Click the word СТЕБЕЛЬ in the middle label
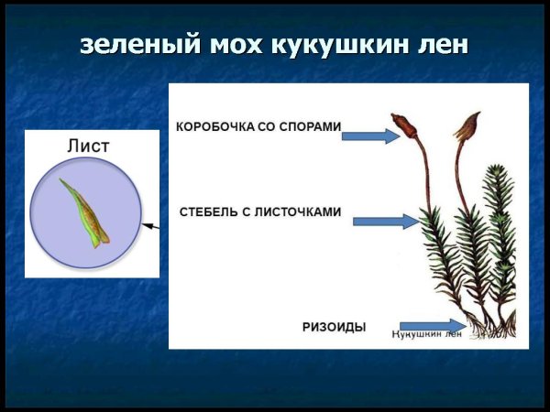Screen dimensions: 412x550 pyautogui.click(x=212, y=211)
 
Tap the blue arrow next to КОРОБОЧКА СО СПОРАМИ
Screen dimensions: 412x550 pyautogui.click(x=370, y=136)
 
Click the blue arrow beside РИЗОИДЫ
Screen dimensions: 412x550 pyautogui.click(x=432, y=325)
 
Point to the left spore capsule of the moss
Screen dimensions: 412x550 pyautogui.click(x=401, y=125)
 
